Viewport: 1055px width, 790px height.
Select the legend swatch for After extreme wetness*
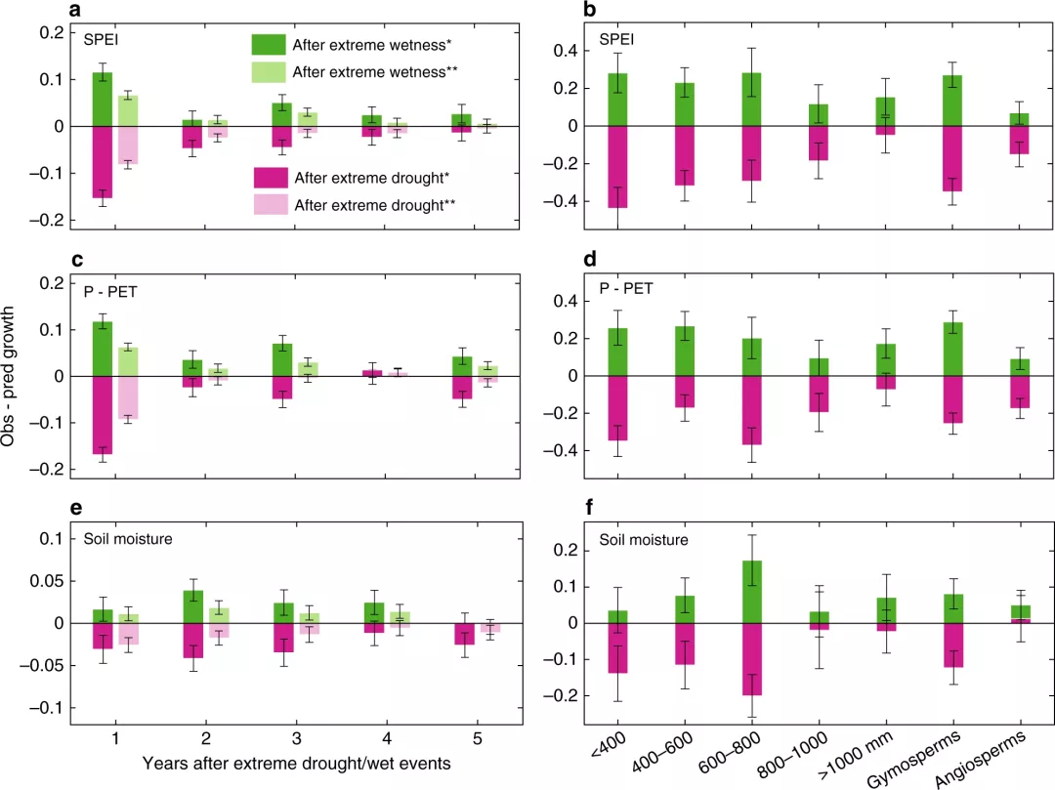click(x=268, y=45)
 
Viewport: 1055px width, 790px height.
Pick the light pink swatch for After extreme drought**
click(x=268, y=204)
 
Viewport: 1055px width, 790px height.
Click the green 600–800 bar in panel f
click(x=751, y=592)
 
